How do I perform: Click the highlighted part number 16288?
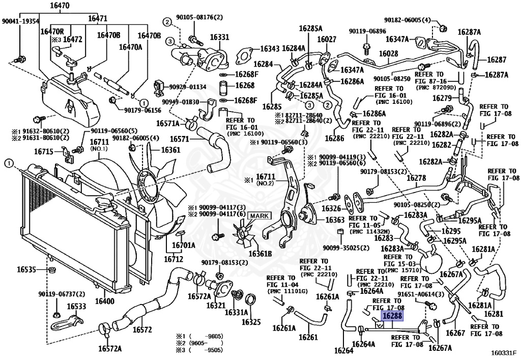tap(392, 317)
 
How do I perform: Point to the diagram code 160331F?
tap(503, 352)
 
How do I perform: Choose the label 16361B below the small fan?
tap(260, 254)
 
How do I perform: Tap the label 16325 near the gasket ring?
tap(251, 322)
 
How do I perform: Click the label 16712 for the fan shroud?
tap(173, 259)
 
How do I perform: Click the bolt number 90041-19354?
tap(20, 21)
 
